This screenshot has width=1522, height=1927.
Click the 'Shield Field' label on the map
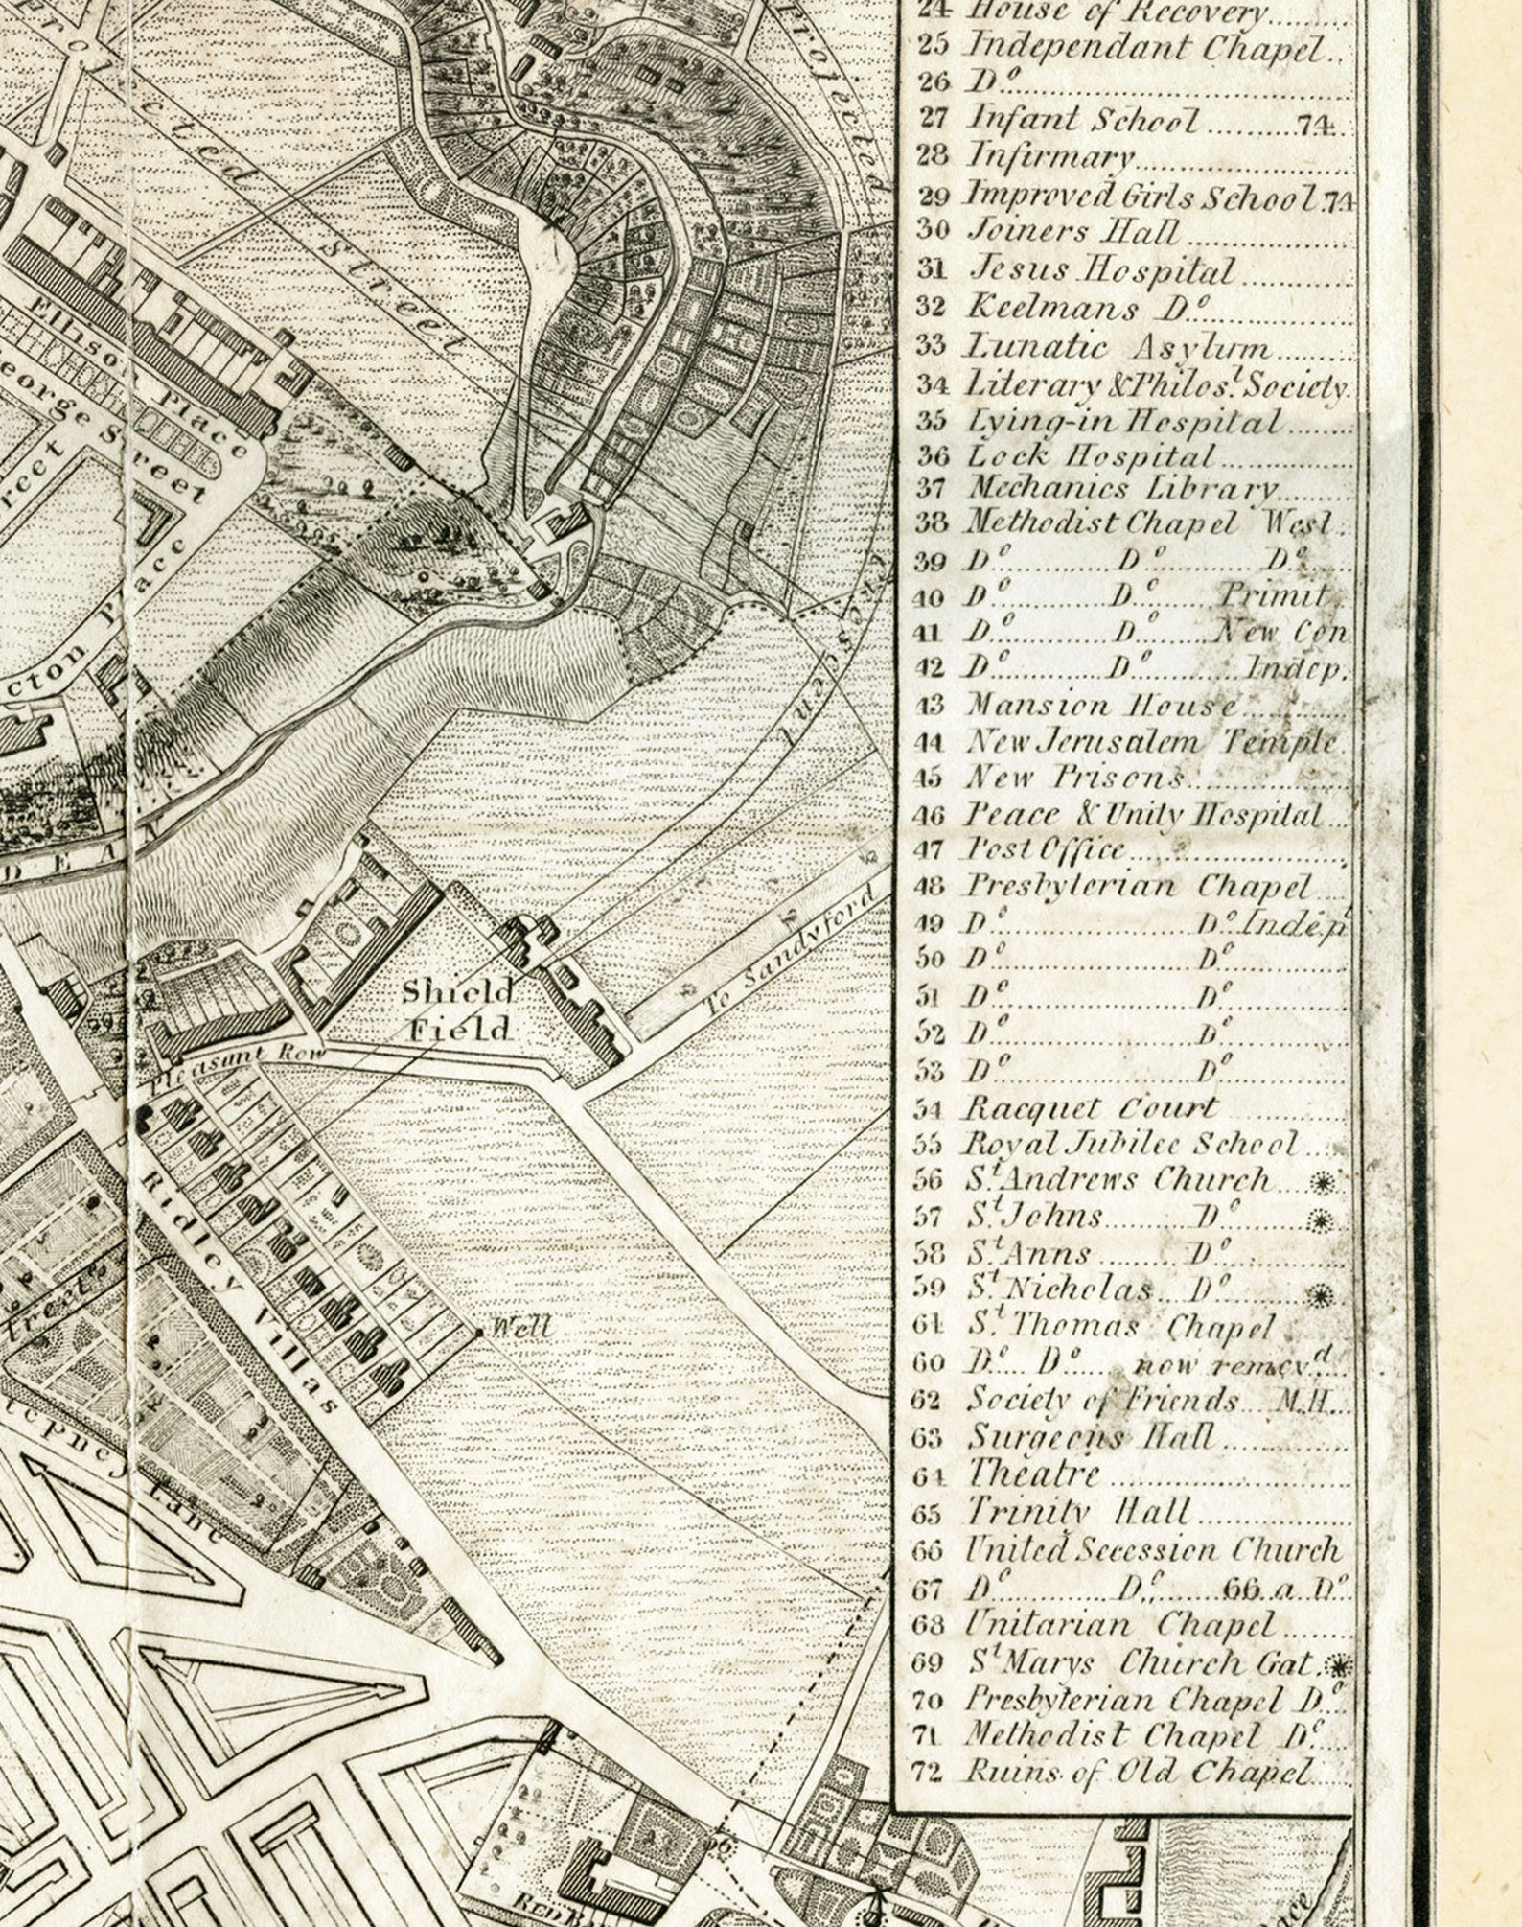(x=458, y=1010)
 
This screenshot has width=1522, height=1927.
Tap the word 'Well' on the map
(x=520, y=1328)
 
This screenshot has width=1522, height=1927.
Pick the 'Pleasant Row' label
(x=237, y=1063)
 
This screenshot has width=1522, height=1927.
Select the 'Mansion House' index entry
(x=1102, y=706)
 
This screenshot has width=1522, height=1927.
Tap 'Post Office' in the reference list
(x=1045, y=849)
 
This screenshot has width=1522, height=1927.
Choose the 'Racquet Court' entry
(x=1090, y=1108)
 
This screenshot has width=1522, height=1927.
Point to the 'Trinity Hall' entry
(x=1077, y=1512)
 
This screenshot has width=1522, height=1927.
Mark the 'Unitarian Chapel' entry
(x=1120, y=1624)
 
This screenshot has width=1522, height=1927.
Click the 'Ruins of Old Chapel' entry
(x=1136, y=1773)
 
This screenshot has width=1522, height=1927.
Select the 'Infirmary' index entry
(x=1050, y=156)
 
